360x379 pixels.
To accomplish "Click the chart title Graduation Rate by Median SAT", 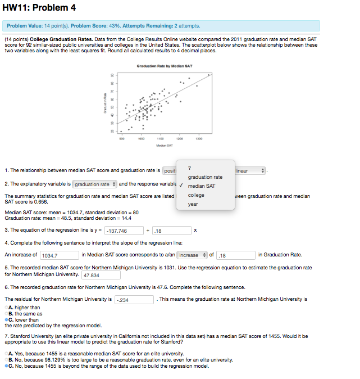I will [164, 66].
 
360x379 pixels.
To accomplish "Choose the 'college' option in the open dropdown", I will [196, 195].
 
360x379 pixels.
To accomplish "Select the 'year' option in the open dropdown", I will [193, 204].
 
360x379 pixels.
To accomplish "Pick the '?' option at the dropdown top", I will [190, 168].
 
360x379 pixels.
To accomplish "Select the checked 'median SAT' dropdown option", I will [201, 186].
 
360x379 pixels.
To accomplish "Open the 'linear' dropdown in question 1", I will [250, 170].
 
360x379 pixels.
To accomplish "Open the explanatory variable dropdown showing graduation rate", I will [94, 184].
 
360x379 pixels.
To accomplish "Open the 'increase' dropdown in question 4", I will [193, 255].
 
